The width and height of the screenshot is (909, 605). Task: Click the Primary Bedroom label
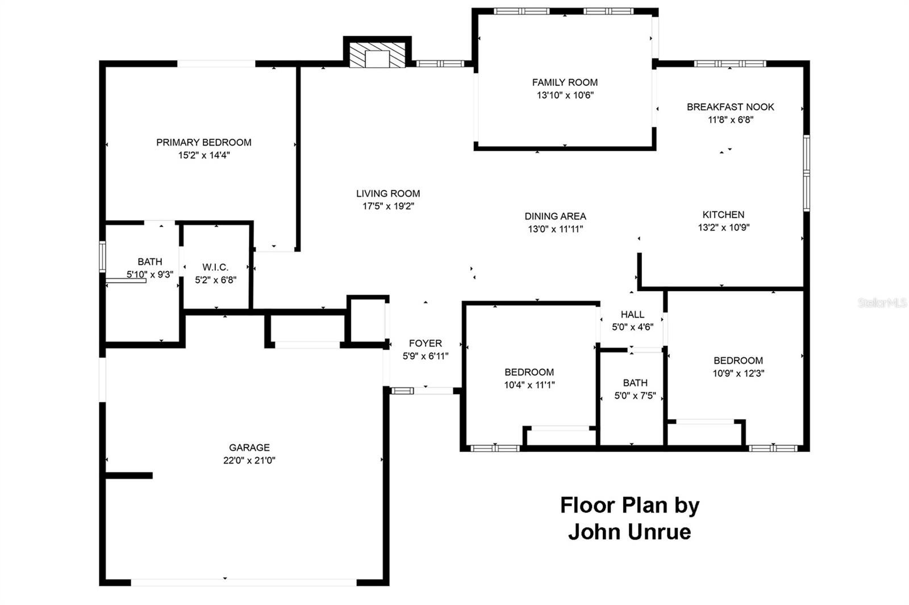point(203,142)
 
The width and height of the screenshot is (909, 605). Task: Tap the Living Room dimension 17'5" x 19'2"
point(388,206)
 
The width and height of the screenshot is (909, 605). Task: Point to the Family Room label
point(565,82)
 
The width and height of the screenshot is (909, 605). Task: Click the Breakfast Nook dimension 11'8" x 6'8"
point(730,120)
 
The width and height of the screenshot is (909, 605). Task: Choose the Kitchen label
point(723,214)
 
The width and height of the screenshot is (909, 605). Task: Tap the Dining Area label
point(555,216)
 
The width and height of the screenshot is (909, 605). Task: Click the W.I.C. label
point(215,267)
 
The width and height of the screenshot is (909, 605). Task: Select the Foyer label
point(425,343)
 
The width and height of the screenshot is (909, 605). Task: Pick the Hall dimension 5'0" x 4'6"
point(632,328)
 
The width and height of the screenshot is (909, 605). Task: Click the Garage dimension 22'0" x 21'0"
point(249,461)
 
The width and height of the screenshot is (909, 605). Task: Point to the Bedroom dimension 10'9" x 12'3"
point(738,374)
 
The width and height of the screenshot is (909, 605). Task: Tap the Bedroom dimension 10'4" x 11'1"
point(529,385)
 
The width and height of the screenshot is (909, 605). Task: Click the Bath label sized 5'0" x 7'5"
point(635,383)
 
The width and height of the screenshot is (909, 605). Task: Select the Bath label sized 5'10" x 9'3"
point(149,262)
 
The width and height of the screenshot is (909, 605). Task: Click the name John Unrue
point(629,532)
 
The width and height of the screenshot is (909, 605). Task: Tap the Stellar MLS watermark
point(882,303)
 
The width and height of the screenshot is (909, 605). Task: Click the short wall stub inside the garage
point(130,475)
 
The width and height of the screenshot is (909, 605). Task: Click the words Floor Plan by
point(629,505)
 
